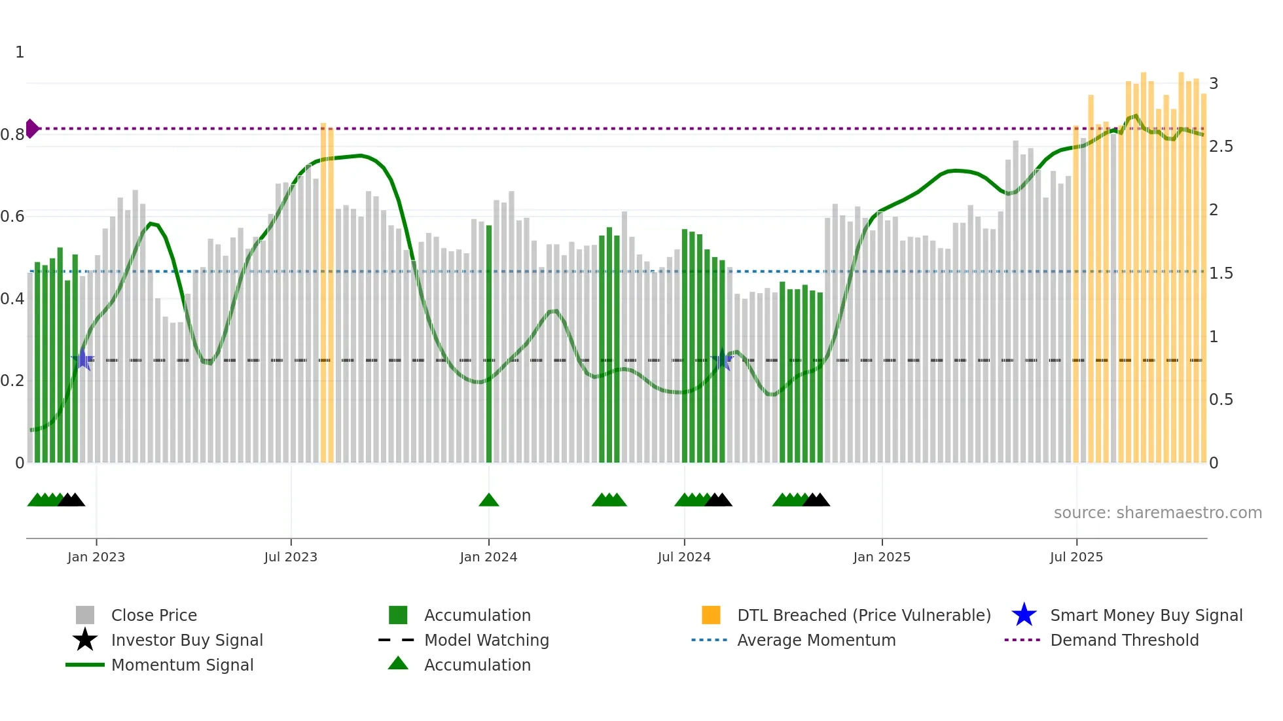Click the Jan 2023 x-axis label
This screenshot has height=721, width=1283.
(96, 557)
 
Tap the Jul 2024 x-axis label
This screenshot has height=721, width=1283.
(684, 557)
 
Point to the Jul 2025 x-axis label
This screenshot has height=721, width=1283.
(1076, 557)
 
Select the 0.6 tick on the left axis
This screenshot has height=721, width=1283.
(12, 217)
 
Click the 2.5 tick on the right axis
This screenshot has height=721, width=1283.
(1221, 147)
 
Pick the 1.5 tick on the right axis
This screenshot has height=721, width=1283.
(1221, 273)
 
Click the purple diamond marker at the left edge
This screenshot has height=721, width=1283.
(31, 129)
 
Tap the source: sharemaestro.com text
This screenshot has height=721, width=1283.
(1157, 513)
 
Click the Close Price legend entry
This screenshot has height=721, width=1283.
(154, 615)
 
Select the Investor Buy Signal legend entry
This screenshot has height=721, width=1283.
(187, 640)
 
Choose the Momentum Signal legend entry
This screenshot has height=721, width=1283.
(182, 665)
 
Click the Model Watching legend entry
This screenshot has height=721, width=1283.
(486, 640)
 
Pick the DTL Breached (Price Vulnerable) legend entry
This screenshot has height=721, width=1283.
(863, 615)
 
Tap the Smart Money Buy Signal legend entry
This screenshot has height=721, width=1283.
(1146, 615)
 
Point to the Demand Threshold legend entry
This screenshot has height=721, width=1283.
(1124, 640)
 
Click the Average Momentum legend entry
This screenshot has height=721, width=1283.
(816, 640)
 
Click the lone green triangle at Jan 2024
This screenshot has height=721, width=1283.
(489, 501)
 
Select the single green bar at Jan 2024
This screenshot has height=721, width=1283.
(489, 343)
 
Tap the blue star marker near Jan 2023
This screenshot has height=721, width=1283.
(82, 359)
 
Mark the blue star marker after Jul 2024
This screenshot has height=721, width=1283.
(722, 359)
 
